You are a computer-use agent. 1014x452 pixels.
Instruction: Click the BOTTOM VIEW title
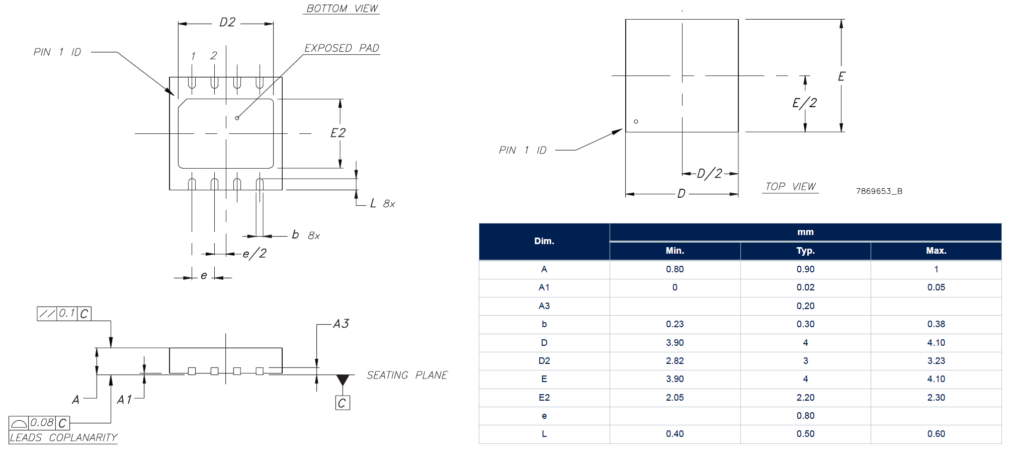342,9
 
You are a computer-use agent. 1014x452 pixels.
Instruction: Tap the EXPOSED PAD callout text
342,48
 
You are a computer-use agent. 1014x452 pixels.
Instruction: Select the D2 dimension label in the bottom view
227,22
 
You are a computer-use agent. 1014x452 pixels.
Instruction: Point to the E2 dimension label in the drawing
338,133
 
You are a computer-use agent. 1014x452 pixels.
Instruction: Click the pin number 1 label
193,56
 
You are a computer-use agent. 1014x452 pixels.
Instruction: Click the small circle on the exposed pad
237,118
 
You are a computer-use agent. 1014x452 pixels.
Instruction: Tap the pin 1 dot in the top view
636,121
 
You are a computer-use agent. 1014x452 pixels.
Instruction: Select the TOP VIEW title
790,187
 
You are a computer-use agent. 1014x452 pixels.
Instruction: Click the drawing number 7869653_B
879,191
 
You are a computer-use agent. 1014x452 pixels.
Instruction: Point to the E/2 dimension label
805,103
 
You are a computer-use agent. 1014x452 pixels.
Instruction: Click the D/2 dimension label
710,174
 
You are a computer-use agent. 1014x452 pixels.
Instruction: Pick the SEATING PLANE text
407,375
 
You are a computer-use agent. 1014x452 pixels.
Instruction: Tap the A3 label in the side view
341,324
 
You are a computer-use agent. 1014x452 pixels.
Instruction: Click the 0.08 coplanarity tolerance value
42,423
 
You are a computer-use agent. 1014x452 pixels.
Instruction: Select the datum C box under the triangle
343,403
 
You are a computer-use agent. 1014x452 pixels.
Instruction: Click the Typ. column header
805,251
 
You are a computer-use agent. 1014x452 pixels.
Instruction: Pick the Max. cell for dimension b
936,324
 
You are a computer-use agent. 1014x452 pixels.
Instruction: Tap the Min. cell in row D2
674,361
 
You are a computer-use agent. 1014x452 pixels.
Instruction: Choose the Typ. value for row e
805,416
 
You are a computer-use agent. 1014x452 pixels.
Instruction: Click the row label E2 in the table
544,398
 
